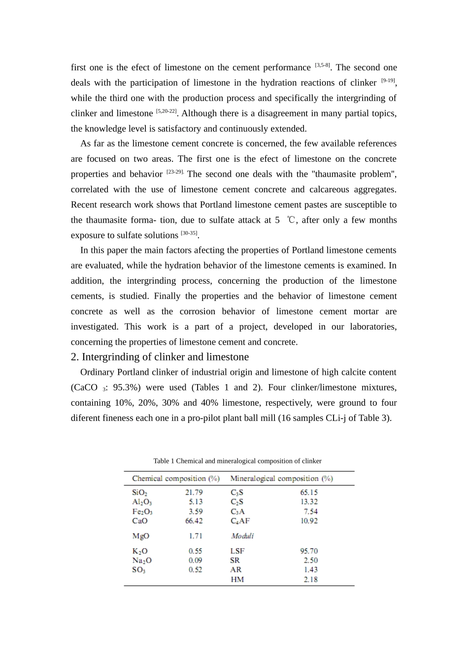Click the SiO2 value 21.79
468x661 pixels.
click(x=194, y=492)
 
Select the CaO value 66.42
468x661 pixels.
click(x=194, y=521)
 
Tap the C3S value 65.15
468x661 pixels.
click(x=309, y=492)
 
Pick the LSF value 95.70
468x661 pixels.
click(x=309, y=551)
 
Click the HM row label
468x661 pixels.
click(x=237, y=579)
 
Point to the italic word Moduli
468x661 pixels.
click(x=242, y=536)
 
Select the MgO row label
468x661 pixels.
click(x=140, y=536)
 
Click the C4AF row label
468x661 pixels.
click(x=240, y=521)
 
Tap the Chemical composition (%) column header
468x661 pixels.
click(x=175, y=479)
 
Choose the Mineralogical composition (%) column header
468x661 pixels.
click(x=281, y=479)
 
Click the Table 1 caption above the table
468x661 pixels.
click(x=237, y=461)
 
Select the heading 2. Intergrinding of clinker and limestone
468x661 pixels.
click(x=160, y=357)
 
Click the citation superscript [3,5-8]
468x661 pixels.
click(x=322, y=65)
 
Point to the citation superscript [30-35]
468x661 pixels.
click(x=189, y=233)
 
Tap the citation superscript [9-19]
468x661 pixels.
click(x=388, y=80)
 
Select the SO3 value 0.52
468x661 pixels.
click(x=195, y=570)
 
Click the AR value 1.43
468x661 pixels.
click(x=310, y=570)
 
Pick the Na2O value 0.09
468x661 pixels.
click(x=195, y=560)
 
